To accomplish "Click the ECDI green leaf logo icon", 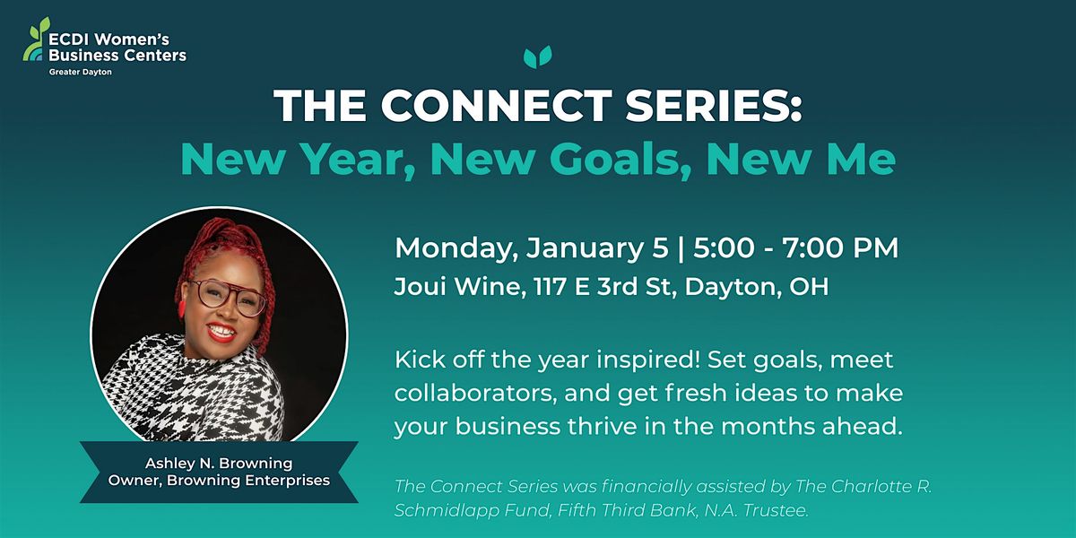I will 34,40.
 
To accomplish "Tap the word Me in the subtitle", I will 862,159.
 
